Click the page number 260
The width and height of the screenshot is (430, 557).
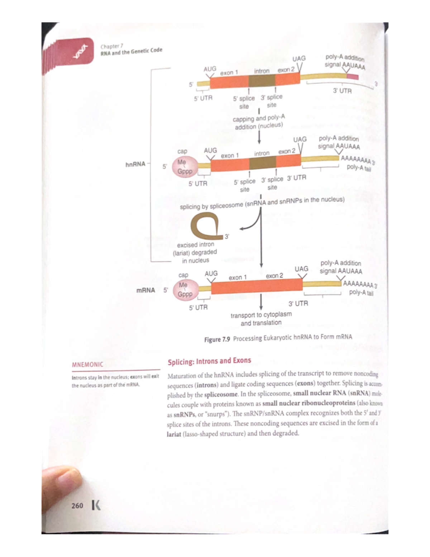click(77, 506)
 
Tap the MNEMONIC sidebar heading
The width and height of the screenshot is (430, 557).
click(87, 364)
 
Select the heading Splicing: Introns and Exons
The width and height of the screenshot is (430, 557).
click(209, 361)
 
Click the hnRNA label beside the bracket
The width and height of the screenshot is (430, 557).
click(135, 164)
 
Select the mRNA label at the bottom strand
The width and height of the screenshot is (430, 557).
click(146, 290)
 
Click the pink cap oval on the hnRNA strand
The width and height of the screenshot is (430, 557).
click(185, 167)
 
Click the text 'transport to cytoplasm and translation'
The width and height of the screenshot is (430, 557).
click(261, 318)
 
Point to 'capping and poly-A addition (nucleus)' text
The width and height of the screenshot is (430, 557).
click(259, 122)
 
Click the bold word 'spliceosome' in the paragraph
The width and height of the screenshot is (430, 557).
click(221, 395)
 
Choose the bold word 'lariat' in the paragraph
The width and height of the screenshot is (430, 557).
click(174, 434)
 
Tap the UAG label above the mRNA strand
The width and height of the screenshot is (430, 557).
click(301, 269)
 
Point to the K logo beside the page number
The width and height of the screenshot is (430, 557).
click(96, 505)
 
